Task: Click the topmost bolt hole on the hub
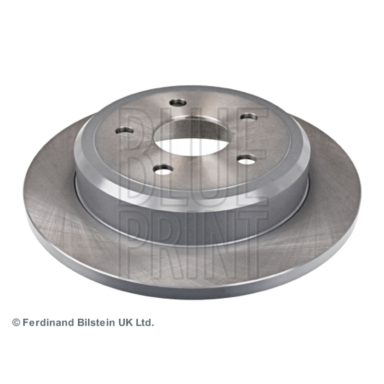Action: point(178,103)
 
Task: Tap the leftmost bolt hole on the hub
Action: point(124,130)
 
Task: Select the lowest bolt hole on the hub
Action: point(163,169)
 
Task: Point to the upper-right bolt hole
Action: point(249,117)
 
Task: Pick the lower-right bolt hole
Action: point(246,160)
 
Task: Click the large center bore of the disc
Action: point(192,138)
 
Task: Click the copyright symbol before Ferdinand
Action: point(16,323)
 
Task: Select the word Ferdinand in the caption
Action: point(48,323)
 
